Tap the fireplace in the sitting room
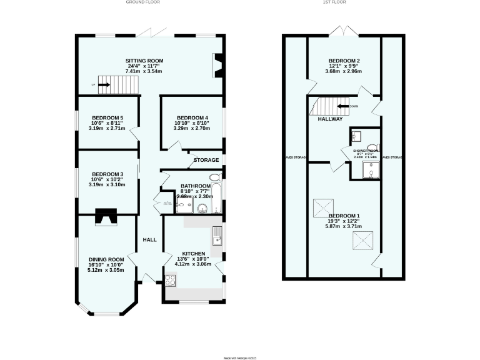pyautogui.click(x=218, y=66)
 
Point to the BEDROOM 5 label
pyautogui.click(x=107, y=117)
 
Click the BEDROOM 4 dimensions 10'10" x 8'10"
pyautogui.click(x=192, y=123)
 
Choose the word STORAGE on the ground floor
pyautogui.click(x=206, y=160)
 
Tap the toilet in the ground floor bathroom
pyautogui.click(x=214, y=177)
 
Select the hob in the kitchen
pyautogui.click(x=170, y=279)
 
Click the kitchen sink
pyautogui.click(x=216, y=236)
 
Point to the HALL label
pyautogui.click(x=149, y=240)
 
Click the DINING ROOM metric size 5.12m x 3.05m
pyautogui.click(x=106, y=270)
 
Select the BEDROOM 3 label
pyautogui.click(x=107, y=174)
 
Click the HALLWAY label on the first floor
pyautogui.click(x=329, y=119)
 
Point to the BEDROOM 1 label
pyautogui.click(x=344, y=216)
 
